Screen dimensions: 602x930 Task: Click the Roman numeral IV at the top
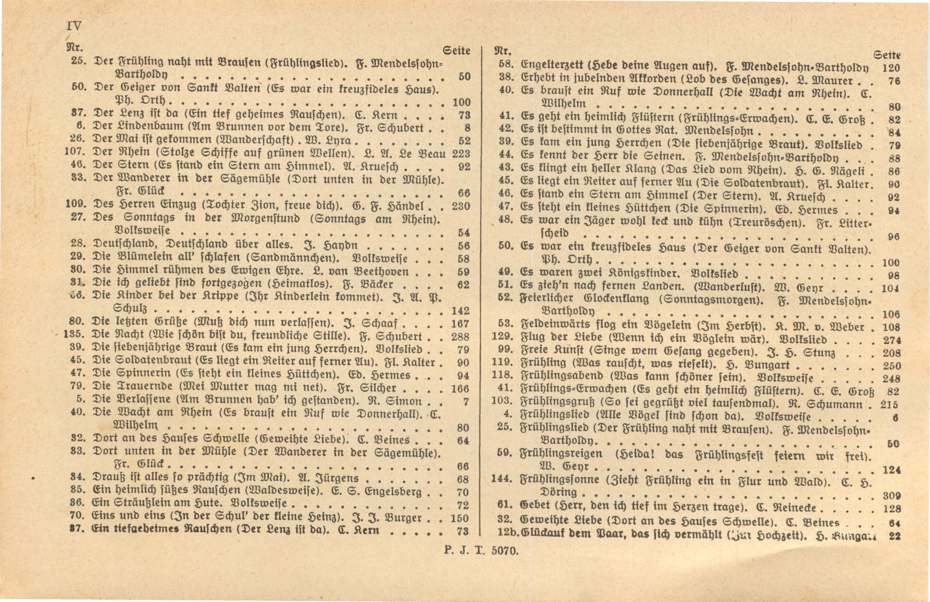click(74, 26)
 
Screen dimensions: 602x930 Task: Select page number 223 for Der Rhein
click(461, 154)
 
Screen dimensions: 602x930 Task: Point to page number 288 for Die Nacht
click(460, 337)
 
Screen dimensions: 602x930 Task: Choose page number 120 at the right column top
click(891, 68)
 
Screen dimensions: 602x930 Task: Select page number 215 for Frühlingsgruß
click(889, 405)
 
